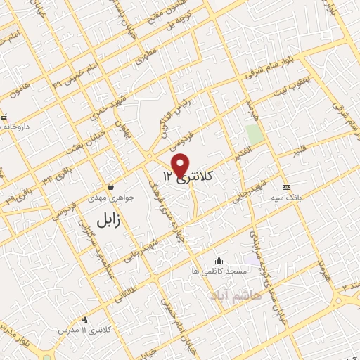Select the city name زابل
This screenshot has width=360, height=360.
coord(108,219)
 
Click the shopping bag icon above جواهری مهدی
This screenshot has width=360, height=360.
coord(111,186)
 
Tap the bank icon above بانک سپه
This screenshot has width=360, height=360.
coord(285,188)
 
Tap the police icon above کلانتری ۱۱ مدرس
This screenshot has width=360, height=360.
coord(84,319)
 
